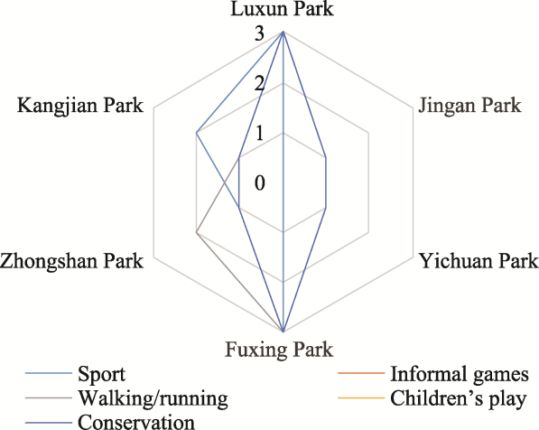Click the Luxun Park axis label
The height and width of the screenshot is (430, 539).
click(282, 8)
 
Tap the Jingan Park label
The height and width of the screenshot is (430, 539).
click(469, 106)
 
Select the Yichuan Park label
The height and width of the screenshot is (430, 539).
click(479, 261)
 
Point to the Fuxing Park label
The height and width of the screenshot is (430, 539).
click(279, 350)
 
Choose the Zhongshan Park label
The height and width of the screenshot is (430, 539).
click(71, 261)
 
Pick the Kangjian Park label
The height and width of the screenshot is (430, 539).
click(80, 106)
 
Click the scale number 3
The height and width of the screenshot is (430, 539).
click(259, 34)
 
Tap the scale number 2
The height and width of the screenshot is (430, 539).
click(259, 84)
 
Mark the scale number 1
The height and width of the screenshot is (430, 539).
click(259, 133)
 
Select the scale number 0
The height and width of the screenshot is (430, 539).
click(259, 182)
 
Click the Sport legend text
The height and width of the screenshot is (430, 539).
click(101, 375)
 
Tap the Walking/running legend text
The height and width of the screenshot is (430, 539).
click(153, 399)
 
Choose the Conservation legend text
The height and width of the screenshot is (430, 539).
click(136, 422)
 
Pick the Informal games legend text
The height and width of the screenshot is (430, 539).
click(460, 374)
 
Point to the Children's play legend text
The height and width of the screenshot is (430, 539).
click(459, 399)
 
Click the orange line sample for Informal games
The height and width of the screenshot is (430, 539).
click(361, 373)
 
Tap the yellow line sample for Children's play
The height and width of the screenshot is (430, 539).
click(361, 397)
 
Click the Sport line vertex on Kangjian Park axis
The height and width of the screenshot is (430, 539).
click(196, 133)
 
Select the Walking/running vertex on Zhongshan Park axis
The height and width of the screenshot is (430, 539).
click(196, 232)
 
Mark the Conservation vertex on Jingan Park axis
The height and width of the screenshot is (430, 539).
click(326, 157)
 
